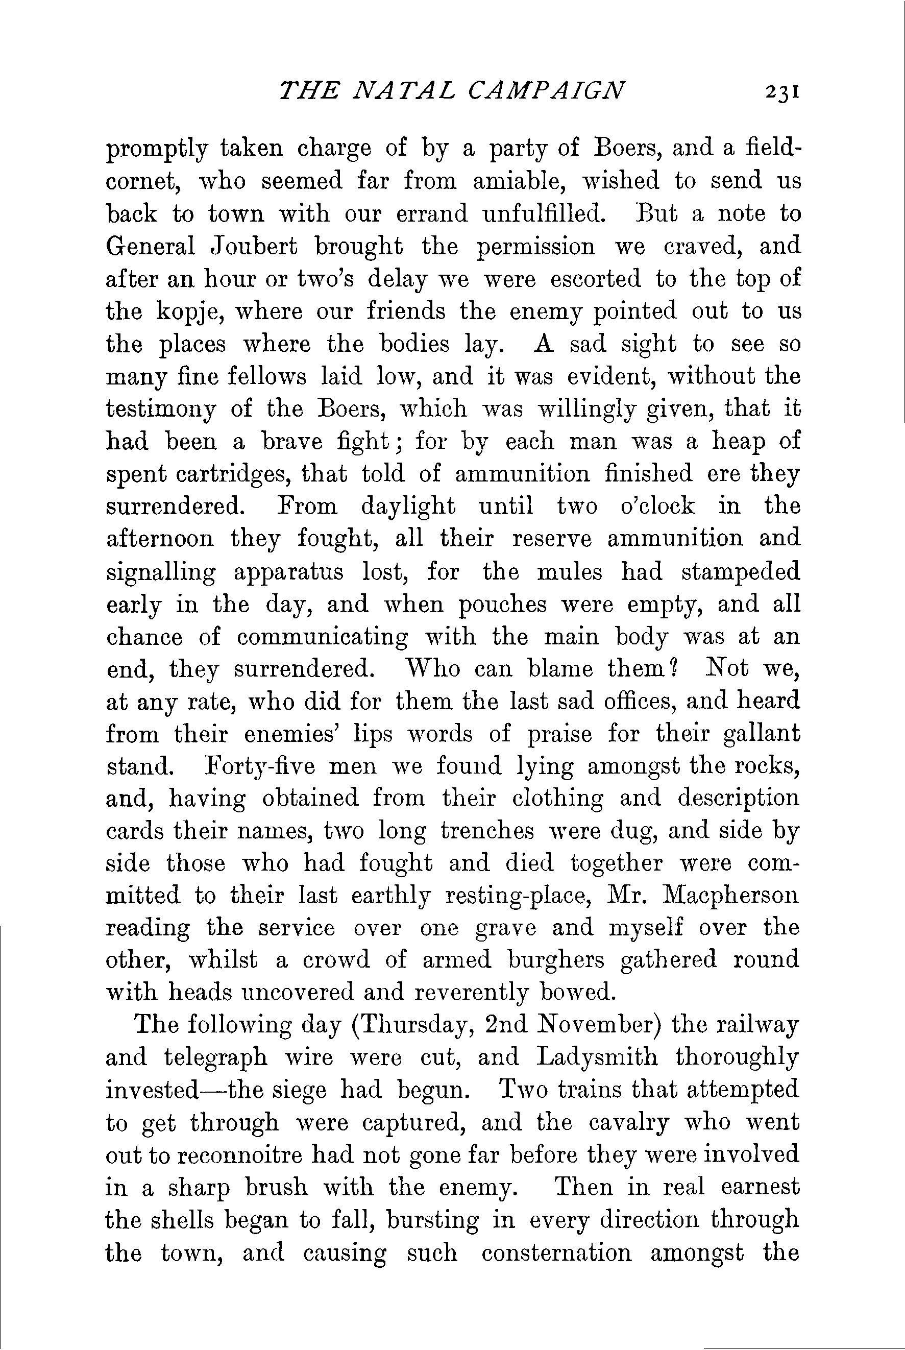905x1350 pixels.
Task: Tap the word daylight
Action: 407,507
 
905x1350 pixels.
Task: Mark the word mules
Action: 569,572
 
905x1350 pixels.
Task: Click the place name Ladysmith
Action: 597,1057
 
